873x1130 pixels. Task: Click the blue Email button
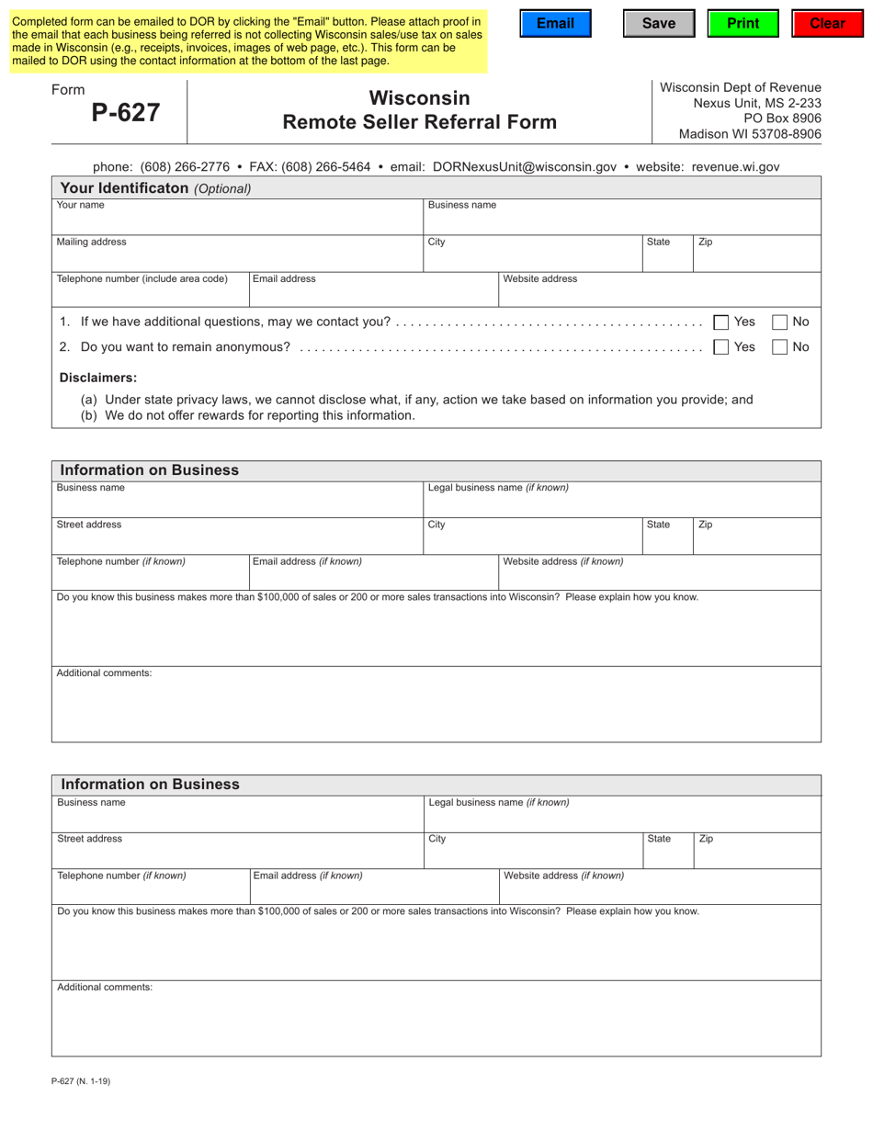555,24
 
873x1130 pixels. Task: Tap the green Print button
743,24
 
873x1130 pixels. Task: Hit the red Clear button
827,24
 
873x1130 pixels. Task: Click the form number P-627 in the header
126,112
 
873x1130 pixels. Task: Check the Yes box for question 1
721,322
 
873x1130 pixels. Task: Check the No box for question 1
779,322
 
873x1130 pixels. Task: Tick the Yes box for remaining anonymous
721,346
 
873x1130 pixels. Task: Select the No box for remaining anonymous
779,346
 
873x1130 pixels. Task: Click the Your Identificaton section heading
155,188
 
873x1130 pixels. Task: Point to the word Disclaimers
98,378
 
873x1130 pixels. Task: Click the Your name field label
81,206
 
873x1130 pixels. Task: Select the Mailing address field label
92,243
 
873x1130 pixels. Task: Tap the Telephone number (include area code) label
142,279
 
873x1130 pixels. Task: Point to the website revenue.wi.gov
735,167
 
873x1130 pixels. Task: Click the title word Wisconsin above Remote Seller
419,98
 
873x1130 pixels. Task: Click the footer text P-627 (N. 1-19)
81,1081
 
